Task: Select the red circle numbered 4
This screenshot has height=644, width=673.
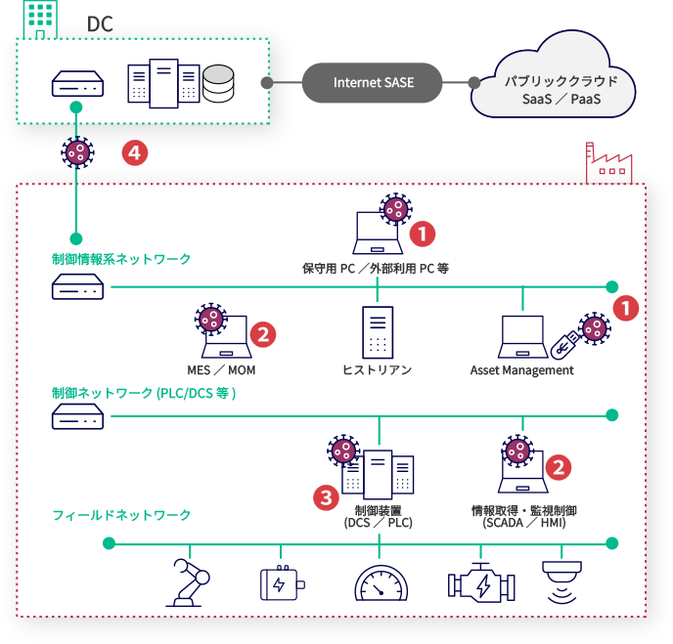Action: point(134,152)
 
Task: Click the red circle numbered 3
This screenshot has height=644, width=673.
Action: point(326,497)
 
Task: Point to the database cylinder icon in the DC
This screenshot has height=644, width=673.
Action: point(219,85)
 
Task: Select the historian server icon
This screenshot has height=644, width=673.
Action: point(377,331)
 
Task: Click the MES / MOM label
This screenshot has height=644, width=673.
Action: point(221,370)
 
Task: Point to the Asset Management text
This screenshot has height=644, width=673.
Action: point(521,370)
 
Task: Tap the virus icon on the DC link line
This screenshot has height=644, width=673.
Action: point(76,151)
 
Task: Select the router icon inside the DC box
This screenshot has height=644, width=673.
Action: point(77,85)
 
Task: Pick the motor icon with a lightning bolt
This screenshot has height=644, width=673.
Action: point(281,584)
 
